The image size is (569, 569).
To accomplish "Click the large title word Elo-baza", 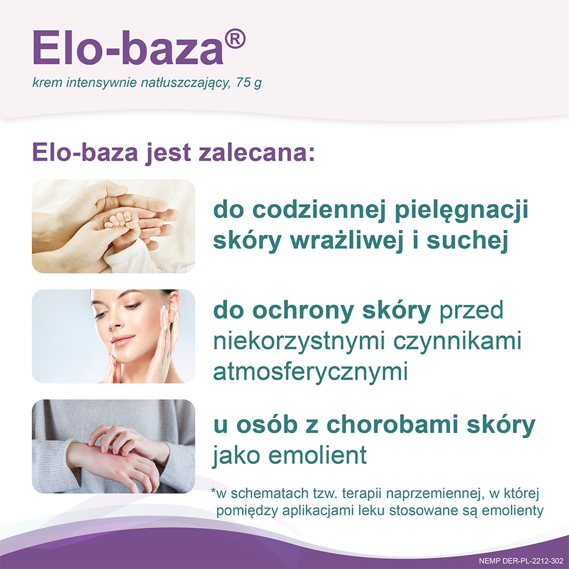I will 128,48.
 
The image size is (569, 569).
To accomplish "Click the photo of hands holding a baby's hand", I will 113,226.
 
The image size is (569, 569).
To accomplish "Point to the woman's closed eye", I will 133,307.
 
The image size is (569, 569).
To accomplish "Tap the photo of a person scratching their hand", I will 113,446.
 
